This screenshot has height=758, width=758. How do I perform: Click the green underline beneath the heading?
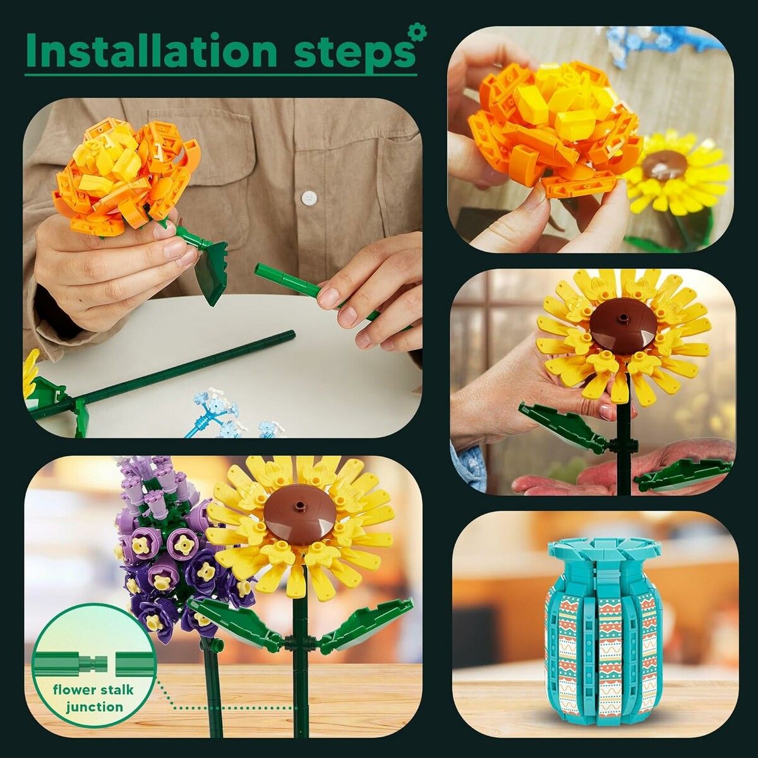pos(220,75)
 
